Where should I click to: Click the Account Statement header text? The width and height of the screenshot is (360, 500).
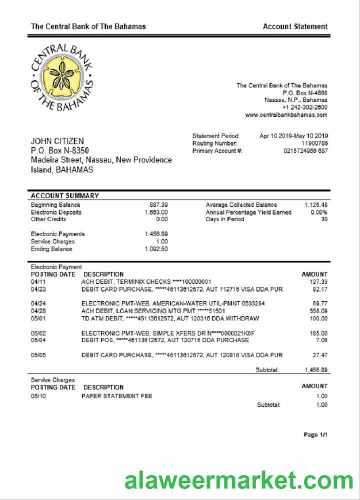pyautogui.click(x=295, y=26)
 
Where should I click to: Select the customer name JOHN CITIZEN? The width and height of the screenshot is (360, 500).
pyautogui.click(x=57, y=141)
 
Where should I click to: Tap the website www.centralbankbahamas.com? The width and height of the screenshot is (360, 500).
pyautogui.click(x=286, y=115)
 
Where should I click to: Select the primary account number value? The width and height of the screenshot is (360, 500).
pyautogui.click(x=305, y=151)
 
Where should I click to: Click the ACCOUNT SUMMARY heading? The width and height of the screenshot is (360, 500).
pyautogui.click(x=65, y=196)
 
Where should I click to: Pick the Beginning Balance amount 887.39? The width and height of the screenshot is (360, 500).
pyautogui.click(x=158, y=205)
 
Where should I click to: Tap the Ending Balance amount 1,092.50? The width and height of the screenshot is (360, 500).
pyautogui.click(x=156, y=249)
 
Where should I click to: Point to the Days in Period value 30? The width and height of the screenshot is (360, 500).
pyautogui.click(x=323, y=219)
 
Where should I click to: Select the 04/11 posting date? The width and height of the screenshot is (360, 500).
pyautogui.click(x=38, y=282)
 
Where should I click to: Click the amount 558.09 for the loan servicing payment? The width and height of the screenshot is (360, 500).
pyautogui.click(x=317, y=311)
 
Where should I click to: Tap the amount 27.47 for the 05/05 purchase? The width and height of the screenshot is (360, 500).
pyautogui.click(x=319, y=355)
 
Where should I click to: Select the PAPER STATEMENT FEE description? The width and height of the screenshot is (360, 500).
pyautogui.click(x=117, y=396)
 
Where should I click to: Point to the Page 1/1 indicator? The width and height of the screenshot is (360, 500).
pyautogui.click(x=315, y=435)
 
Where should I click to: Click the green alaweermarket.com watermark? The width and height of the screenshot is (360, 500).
pyautogui.click(x=239, y=481)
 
